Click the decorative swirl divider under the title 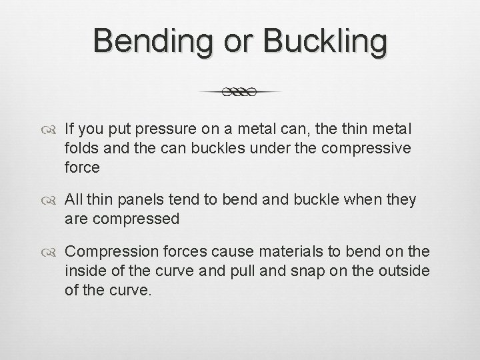[240, 92]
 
